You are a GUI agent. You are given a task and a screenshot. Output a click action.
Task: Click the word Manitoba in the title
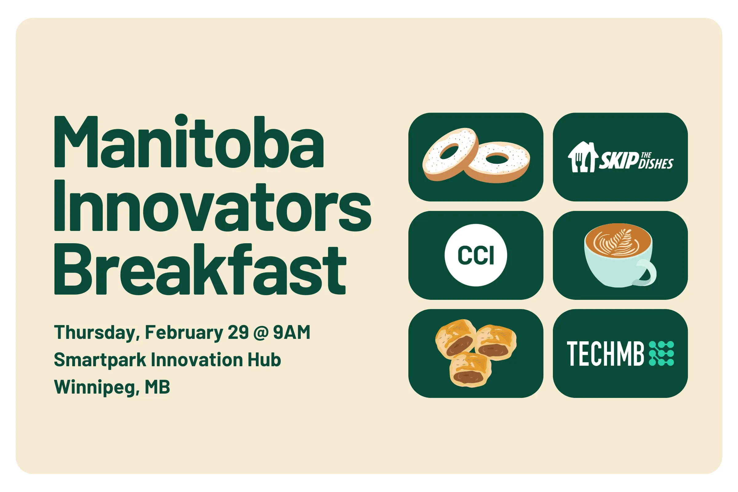coord(189,141)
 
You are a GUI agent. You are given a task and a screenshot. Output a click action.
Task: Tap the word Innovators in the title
coord(213,205)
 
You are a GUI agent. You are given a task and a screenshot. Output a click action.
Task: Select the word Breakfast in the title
coord(200,269)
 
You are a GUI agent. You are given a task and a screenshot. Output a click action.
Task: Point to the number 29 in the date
coord(238,332)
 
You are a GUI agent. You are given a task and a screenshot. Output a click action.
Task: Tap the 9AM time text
coord(292,332)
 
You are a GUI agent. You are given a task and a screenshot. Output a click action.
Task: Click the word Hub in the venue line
coord(264,359)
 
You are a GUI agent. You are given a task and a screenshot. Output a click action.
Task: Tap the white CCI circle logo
coord(476,255)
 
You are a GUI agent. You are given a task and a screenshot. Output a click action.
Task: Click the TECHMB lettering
coord(605,354)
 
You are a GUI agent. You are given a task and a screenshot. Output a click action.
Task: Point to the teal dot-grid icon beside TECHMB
coord(661,354)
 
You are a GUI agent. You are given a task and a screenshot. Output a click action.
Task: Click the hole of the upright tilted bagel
coord(449,152)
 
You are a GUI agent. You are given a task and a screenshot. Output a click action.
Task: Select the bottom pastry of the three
coord(470,370)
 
